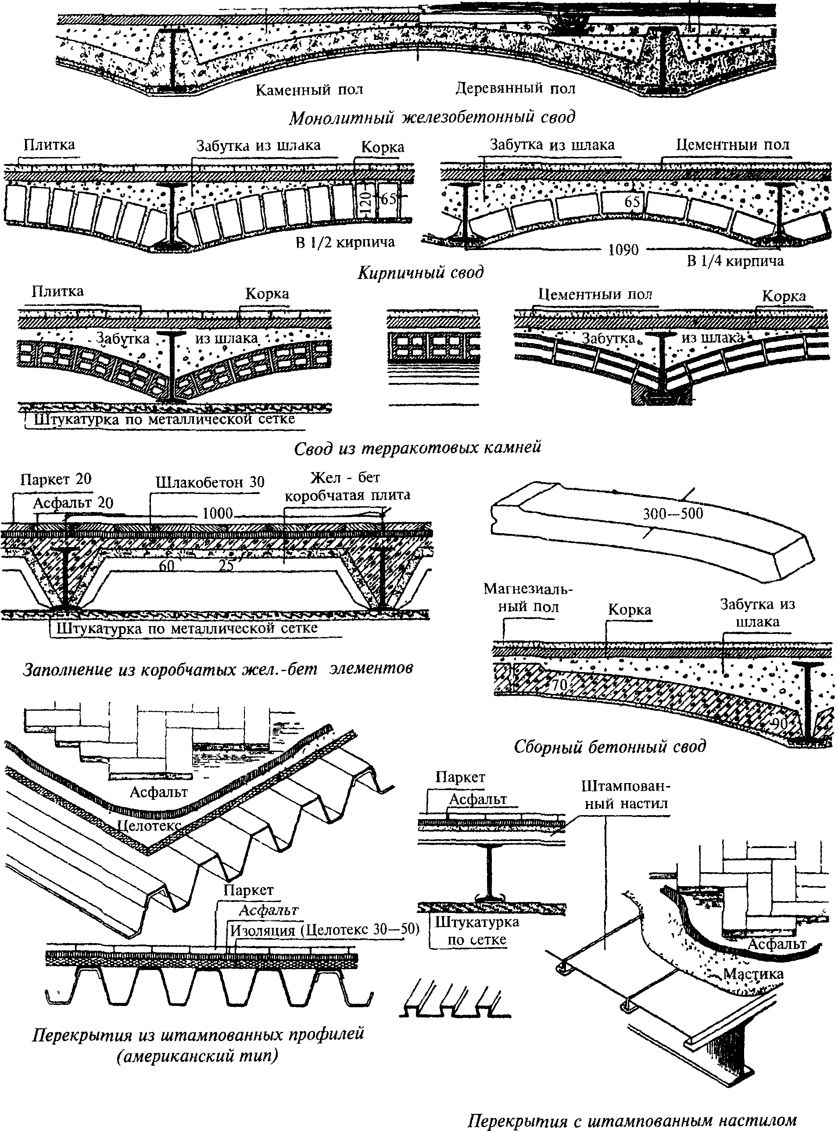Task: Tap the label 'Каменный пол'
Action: (x=309, y=90)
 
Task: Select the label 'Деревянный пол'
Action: (x=516, y=89)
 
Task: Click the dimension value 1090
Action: (x=623, y=250)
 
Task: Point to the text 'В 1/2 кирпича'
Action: (x=345, y=242)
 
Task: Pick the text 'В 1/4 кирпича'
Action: (x=735, y=261)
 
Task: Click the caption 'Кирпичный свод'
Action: (x=420, y=273)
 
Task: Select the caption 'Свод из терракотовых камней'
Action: (x=418, y=447)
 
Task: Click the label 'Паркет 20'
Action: (x=56, y=479)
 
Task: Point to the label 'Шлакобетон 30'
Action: (x=210, y=482)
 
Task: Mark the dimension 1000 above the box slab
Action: (x=218, y=513)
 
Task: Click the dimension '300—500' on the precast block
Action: (x=673, y=514)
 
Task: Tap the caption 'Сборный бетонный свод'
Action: (x=610, y=747)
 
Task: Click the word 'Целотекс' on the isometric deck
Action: (x=149, y=825)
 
